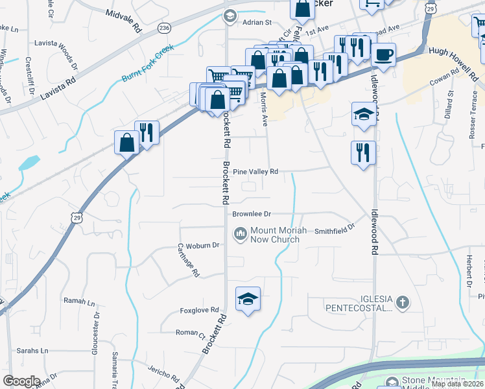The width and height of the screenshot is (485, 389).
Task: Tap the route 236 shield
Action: click(164, 29)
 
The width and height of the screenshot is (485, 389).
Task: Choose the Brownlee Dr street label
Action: click(251, 213)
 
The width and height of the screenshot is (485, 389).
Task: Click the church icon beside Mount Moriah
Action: click(241, 232)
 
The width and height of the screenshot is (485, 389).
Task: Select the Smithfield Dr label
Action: click(335, 229)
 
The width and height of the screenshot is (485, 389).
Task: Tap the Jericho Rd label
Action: click(163, 375)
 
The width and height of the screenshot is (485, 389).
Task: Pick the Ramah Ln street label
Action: click(79, 301)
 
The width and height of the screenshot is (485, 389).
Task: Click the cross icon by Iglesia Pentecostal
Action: click(403, 301)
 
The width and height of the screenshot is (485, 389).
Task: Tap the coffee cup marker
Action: click(383, 55)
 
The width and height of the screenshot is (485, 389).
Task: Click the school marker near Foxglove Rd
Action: click(247, 299)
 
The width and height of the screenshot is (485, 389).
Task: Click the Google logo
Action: click(22, 381)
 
